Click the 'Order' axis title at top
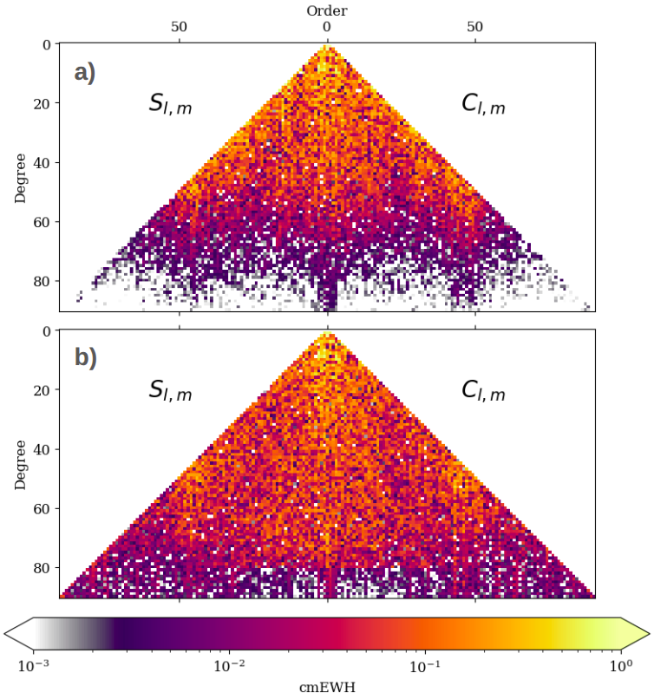click(x=327, y=10)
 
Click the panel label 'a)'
click(x=85, y=73)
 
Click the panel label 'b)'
click(x=85, y=358)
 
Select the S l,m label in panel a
click(x=170, y=105)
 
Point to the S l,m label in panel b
click(x=170, y=391)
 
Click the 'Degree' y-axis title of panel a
click(x=20, y=177)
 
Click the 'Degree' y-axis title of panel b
click(x=20, y=464)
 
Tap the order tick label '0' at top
click(x=327, y=27)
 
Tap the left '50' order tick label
click(x=180, y=27)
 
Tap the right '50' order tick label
click(x=475, y=27)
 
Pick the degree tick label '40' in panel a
click(x=41, y=162)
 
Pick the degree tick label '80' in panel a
click(x=41, y=281)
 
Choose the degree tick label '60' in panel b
click(x=41, y=508)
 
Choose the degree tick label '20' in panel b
click(x=41, y=390)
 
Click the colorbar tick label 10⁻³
click(x=33, y=666)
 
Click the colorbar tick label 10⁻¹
click(x=424, y=666)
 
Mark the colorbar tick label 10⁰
click(x=620, y=666)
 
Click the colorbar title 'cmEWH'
click(x=327, y=687)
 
